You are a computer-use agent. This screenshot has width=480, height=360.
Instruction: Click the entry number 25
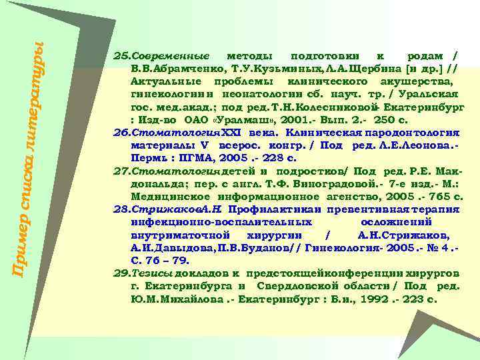coord(121,54)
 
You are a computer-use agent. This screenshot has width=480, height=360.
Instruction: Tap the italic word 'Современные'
coord(169,54)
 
